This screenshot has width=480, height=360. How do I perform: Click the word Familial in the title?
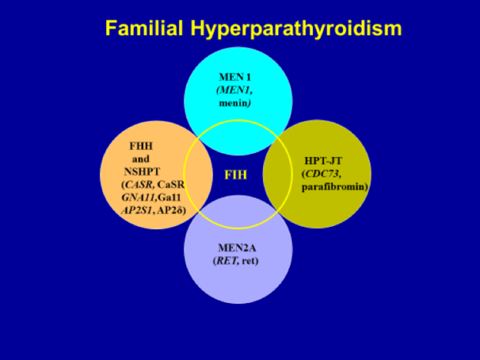point(144,28)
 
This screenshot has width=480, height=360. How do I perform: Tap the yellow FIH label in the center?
point(235,175)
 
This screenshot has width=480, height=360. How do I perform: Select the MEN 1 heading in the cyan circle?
point(235,77)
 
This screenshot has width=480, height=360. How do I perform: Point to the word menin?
point(233,103)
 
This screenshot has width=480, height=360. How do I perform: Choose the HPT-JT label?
point(323,161)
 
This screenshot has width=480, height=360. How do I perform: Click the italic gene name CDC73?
point(322,174)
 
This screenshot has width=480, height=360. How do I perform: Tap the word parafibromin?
point(333,187)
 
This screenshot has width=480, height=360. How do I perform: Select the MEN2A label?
point(237,248)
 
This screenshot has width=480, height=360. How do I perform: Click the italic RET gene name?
point(227,261)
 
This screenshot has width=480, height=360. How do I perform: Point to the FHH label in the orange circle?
point(141,146)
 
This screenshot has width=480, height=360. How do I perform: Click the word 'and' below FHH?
point(141,159)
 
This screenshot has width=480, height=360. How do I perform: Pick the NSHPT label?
point(142,172)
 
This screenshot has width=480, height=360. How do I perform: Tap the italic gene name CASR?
point(138,185)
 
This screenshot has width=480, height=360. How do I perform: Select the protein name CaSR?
point(171,185)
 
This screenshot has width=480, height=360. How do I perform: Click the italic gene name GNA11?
point(139,198)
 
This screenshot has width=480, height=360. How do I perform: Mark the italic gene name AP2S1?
point(137,211)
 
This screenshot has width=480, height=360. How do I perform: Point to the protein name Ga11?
point(170,198)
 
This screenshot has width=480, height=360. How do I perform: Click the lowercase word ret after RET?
point(248,261)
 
